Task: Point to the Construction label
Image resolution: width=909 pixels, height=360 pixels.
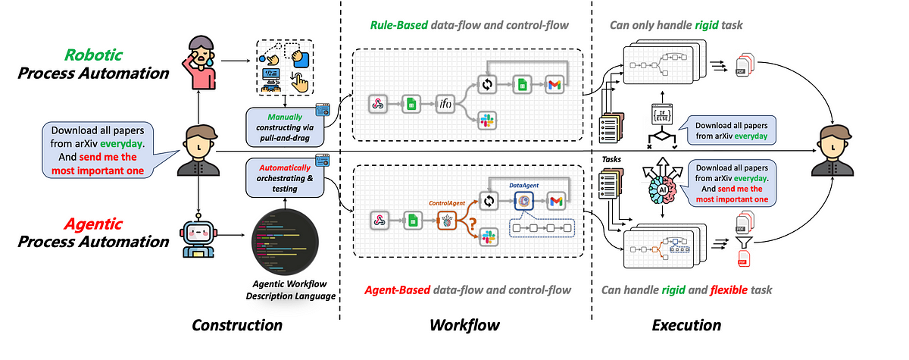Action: tap(237, 326)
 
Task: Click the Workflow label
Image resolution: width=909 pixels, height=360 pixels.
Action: tap(464, 326)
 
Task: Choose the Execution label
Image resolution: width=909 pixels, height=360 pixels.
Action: tap(686, 326)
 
